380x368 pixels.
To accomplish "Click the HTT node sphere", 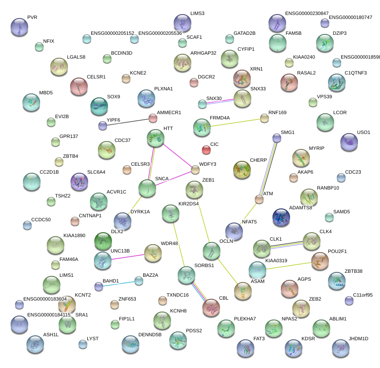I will (155, 138).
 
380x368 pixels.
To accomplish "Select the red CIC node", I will (206, 150).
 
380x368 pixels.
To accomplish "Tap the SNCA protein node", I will (147, 189).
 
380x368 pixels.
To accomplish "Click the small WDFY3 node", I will (195, 170).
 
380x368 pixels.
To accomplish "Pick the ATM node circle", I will (259, 200).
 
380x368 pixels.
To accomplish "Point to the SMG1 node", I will (276, 138).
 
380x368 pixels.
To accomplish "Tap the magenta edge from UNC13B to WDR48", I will (128, 256).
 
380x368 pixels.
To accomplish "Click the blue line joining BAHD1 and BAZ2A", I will (119, 283).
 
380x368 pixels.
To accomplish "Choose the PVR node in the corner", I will (19, 27).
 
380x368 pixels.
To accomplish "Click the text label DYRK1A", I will (140, 212).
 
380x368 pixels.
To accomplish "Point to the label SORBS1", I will (204, 266).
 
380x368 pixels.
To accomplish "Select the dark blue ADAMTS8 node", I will (281, 217).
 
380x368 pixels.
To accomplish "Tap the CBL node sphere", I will (212, 307).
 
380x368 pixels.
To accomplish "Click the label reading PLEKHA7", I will (245, 319).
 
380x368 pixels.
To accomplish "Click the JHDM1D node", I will (340, 348).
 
